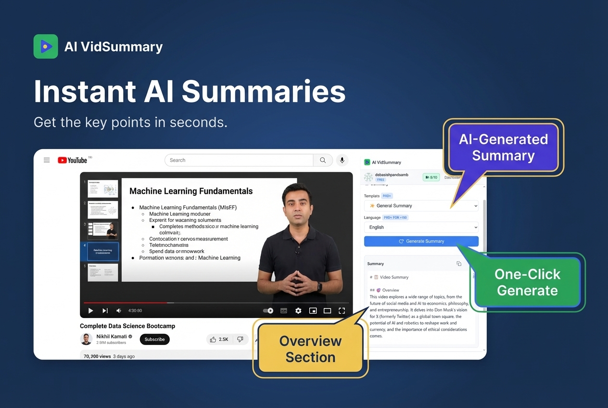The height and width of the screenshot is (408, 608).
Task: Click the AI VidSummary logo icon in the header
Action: tap(46, 46)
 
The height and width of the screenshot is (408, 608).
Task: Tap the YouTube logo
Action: tap(73, 160)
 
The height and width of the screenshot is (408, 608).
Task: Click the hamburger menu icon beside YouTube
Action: tap(47, 160)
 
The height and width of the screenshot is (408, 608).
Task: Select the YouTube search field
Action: tap(239, 160)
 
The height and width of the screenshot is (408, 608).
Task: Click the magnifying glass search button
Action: tap(323, 160)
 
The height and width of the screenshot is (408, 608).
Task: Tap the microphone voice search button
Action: tap(342, 160)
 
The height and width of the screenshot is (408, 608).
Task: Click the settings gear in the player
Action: tap(298, 311)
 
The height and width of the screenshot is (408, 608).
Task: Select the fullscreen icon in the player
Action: tap(342, 311)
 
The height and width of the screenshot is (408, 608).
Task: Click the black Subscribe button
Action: tap(154, 339)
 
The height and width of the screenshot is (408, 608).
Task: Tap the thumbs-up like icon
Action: tap(213, 339)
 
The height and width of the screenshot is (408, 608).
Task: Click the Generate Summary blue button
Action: tap(421, 241)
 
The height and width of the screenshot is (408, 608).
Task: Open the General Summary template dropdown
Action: tap(421, 206)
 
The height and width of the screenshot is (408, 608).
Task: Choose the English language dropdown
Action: tap(421, 227)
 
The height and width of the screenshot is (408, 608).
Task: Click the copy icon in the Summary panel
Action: tap(459, 264)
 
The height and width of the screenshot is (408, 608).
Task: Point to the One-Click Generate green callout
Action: tap(527, 282)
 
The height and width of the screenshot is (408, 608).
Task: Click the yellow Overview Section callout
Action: tap(310, 349)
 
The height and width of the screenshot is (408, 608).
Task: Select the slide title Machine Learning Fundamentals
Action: tap(191, 191)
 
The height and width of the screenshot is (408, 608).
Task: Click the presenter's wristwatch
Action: tap(319, 287)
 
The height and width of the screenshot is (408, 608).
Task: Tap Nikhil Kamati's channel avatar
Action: tap(86, 339)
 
